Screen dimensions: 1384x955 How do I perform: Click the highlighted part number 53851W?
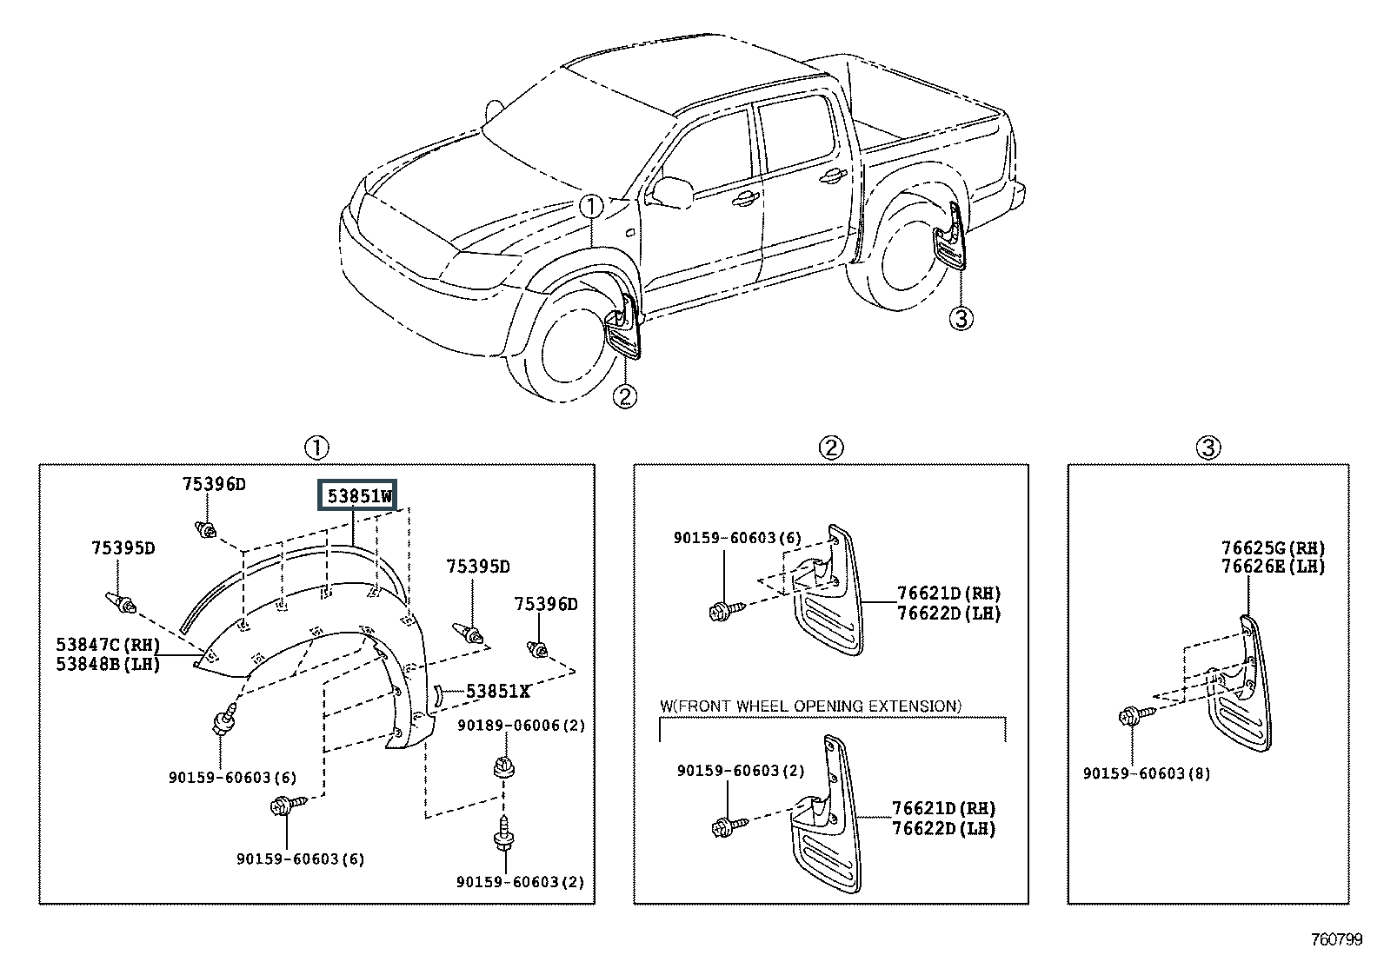pyautogui.click(x=357, y=495)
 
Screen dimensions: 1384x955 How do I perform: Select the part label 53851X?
pyautogui.click(x=497, y=691)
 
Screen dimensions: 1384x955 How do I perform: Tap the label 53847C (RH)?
pyautogui.click(x=108, y=645)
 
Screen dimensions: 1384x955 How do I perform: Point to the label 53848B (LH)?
pyautogui.click(x=108, y=664)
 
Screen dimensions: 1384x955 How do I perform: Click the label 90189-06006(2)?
pyautogui.click(x=521, y=726)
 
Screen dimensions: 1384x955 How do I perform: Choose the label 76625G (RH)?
pyautogui.click(x=1274, y=548)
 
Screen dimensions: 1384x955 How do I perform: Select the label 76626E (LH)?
pyautogui.click(x=1274, y=567)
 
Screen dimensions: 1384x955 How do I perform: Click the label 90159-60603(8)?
pyautogui.click(x=1147, y=773)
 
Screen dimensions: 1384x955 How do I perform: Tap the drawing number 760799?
pyautogui.click(x=1337, y=939)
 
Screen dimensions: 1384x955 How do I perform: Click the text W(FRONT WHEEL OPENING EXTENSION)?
pyautogui.click(x=810, y=706)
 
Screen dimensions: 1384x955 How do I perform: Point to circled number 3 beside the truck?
pyautogui.click(x=961, y=319)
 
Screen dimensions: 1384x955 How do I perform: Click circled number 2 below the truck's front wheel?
pyautogui.click(x=625, y=396)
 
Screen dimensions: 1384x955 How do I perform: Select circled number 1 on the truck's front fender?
pyautogui.click(x=590, y=206)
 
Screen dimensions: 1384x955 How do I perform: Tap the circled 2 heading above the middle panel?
pyautogui.click(x=831, y=448)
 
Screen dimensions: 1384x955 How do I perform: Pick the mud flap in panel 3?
pyautogui.click(x=1241, y=684)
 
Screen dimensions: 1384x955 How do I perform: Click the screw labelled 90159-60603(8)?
pyautogui.click(x=1136, y=715)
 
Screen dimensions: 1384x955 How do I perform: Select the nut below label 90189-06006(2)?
pyautogui.click(x=504, y=766)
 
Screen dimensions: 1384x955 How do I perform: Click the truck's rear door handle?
pyautogui.click(x=832, y=176)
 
